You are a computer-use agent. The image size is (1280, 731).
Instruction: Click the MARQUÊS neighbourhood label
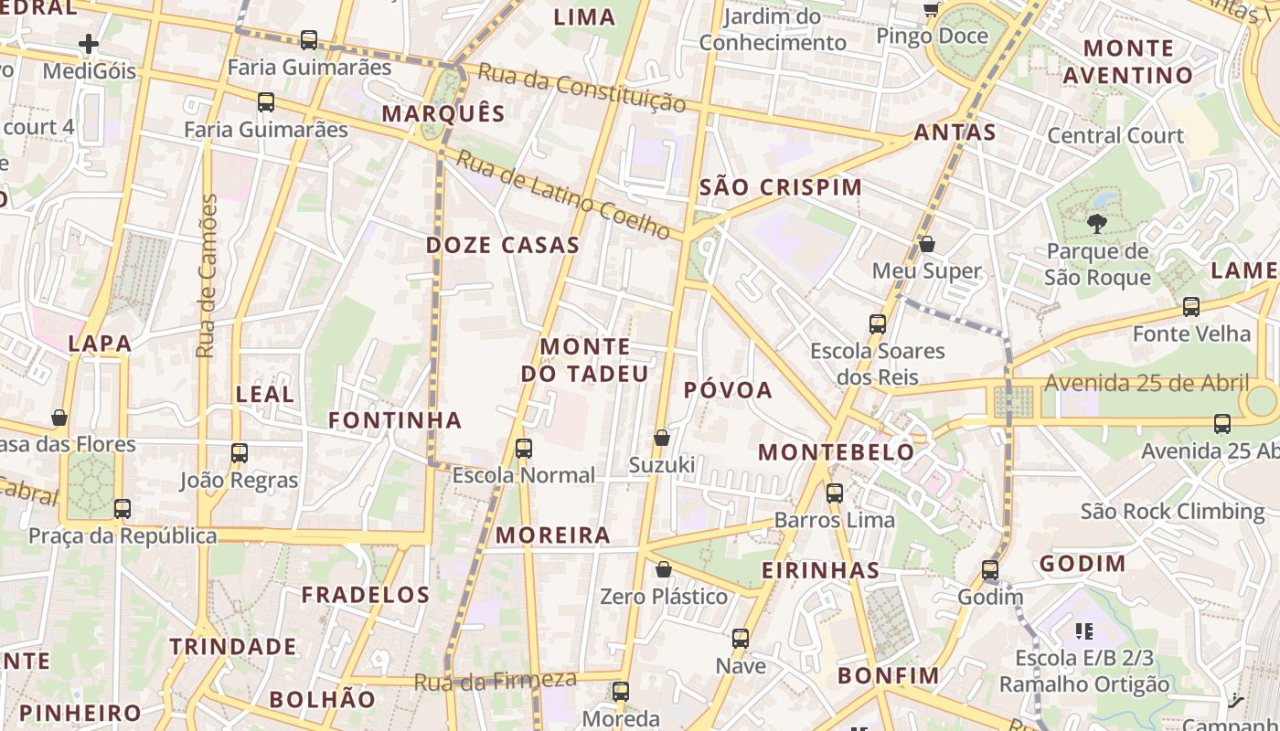(x=443, y=113)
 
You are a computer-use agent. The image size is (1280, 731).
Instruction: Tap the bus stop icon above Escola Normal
(x=524, y=449)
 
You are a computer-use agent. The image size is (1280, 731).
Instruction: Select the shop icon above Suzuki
(x=662, y=438)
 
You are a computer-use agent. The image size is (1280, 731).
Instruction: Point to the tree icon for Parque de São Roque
(x=1095, y=223)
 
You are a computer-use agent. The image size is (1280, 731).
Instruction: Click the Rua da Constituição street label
(x=581, y=89)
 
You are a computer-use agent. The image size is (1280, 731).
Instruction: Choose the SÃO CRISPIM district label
(x=780, y=187)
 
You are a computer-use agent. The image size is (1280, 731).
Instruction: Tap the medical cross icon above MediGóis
(x=89, y=44)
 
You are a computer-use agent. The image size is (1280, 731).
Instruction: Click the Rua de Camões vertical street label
(x=208, y=275)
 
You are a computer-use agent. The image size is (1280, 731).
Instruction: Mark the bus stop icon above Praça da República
(x=123, y=509)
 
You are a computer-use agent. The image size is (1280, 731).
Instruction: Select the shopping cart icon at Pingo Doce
(x=931, y=10)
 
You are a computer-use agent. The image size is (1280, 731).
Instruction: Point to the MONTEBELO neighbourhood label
(x=836, y=451)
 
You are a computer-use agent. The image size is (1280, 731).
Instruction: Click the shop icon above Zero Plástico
(x=664, y=569)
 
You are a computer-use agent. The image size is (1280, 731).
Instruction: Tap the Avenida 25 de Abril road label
(x=1147, y=383)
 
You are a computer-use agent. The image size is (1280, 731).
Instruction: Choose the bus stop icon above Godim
(x=990, y=570)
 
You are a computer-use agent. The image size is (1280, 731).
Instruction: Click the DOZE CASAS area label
(x=503, y=245)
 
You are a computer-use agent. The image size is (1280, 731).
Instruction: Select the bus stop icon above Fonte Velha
(x=1191, y=307)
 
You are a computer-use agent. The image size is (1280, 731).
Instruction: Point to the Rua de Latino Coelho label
(x=564, y=195)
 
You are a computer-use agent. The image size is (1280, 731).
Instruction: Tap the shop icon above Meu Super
(x=927, y=244)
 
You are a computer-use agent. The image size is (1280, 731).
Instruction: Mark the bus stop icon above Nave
(x=741, y=639)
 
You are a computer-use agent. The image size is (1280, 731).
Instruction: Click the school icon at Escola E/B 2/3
(x=1085, y=630)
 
